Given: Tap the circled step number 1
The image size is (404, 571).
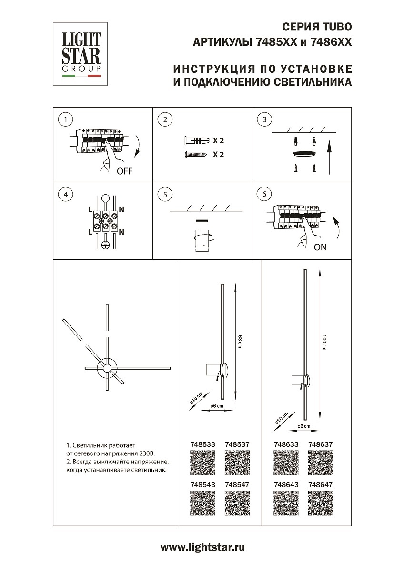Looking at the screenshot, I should pyautogui.click(x=65, y=119).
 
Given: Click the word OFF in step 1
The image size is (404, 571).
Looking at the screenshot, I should pyautogui.click(x=124, y=172).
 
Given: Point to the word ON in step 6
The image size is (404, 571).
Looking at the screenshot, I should pyautogui.click(x=320, y=247).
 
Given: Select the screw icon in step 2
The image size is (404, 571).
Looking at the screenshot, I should pyautogui.click(x=195, y=155).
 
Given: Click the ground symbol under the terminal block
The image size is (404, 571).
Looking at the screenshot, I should pyautogui.click(x=107, y=245).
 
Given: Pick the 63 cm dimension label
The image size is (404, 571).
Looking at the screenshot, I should pyautogui.click(x=240, y=341).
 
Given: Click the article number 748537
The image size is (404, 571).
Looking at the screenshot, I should pyautogui.click(x=237, y=444).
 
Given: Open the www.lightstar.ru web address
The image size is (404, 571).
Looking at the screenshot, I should pyautogui.click(x=202, y=548).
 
